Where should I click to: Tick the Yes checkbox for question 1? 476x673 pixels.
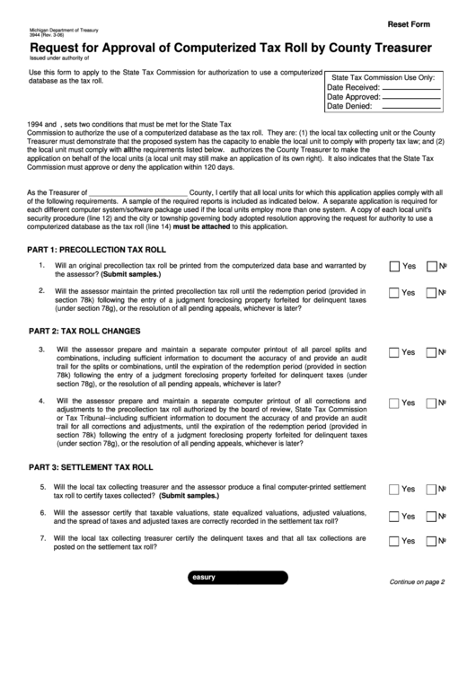pos(394,267)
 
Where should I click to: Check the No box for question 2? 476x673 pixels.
pos(431,293)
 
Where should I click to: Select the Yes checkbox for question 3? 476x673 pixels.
pos(394,351)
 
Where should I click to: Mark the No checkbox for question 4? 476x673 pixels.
pos(431,403)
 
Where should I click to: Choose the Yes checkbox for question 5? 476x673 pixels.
pos(394,489)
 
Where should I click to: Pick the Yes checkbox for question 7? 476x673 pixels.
pos(394,541)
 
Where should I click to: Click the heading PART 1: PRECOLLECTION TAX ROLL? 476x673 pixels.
pos(97,249)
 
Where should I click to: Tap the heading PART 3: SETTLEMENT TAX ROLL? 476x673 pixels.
pos(91,468)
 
